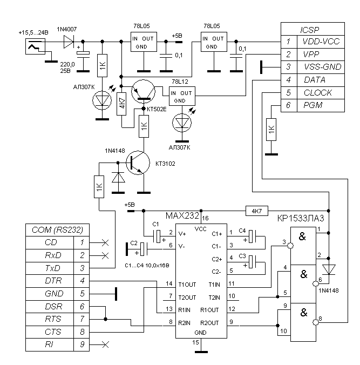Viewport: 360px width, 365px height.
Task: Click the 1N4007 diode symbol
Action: pyautogui.click(x=69, y=40)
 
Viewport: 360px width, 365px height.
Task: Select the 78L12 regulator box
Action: pyautogui.click(x=181, y=97)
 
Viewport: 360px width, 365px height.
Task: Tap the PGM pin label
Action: pyautogui.click(x=312, y=105)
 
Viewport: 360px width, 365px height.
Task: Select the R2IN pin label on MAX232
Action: pyautogui.click(x=188, y=323)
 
